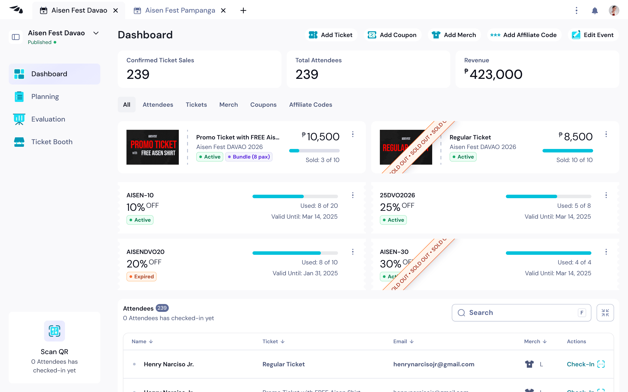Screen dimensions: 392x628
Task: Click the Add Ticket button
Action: click(x=331, y=35)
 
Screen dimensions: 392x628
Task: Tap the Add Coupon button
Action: click(x=392, y=35)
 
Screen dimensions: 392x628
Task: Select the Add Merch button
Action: click(x=454, y=35)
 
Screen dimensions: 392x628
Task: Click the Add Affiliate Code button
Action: click(x=524, y=35)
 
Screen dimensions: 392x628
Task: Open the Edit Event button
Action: click(x=593, y=35)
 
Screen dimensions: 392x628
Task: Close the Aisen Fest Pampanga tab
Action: click(x=223, y=11)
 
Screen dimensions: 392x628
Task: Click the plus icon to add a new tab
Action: click(x=243, y=11)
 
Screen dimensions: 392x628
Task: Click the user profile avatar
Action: click(x=614, y=11)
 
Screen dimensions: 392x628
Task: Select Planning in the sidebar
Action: click(x=45, y=97)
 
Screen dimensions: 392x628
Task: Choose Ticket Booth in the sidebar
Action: click(x=52, y=142)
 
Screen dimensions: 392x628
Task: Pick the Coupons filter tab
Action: click(x=263, y=105)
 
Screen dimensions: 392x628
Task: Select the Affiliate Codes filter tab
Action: click(x=311, y=105)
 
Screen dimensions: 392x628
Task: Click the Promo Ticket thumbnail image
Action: click(x=153, y=147)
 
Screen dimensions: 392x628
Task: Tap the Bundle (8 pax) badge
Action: click(x=249, y=157)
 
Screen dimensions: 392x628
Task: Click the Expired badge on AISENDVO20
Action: click(x=142, y=277)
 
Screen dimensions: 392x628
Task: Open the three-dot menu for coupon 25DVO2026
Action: click(x=606, y=195)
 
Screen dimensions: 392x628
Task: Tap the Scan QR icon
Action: click(x=55, y=331)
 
